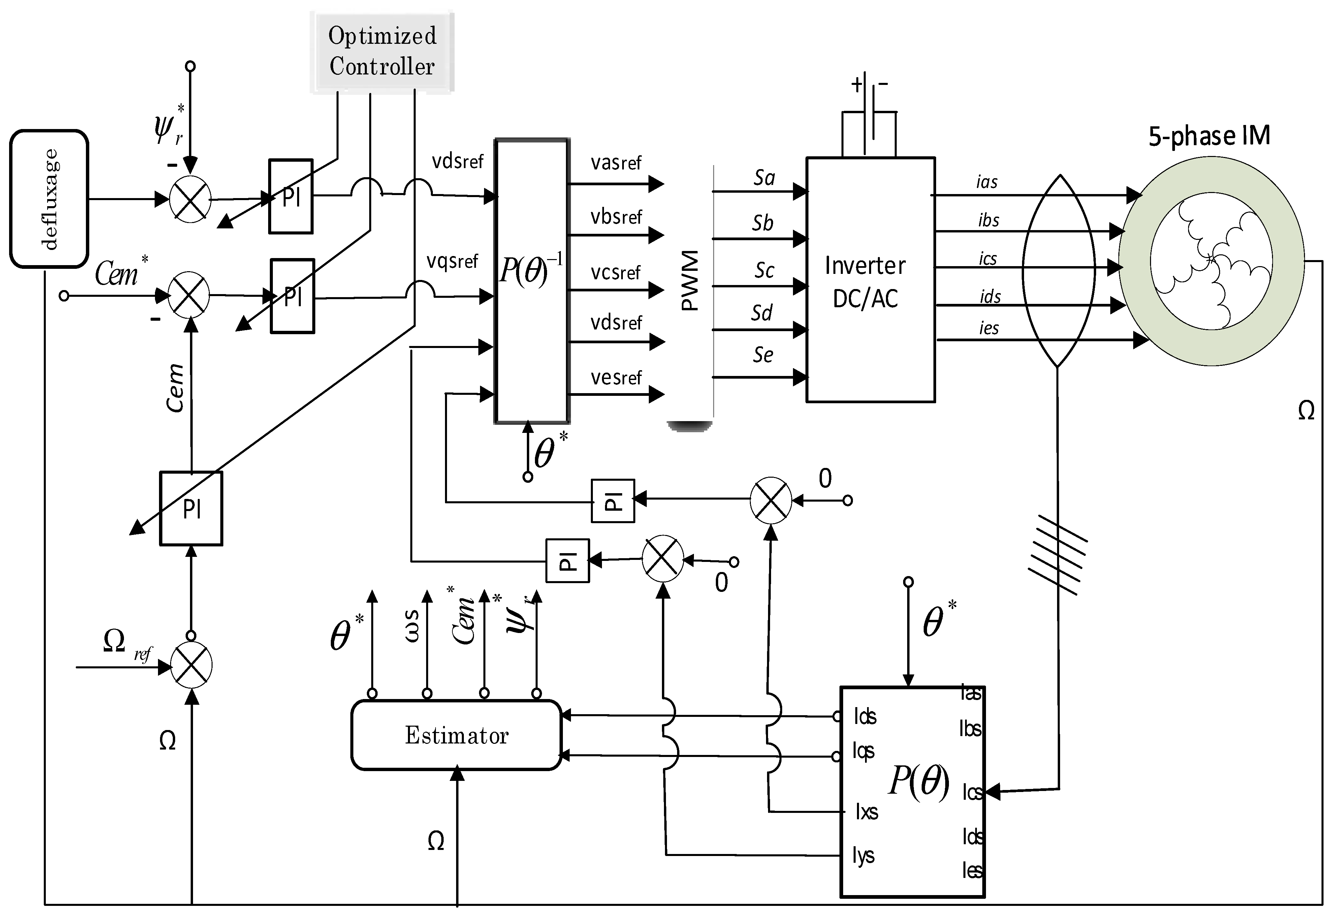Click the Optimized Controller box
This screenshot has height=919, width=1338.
click(382, 51)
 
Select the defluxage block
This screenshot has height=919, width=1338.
click(50, 199)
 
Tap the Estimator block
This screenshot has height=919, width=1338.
click(456, 735)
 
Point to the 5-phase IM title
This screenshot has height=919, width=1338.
click(1209, 136)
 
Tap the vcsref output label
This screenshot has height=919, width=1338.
click(615, 272)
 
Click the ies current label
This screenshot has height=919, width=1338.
click(989, 328)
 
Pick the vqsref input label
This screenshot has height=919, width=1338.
click(452, 261)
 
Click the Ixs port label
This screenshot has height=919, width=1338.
click(866, 812)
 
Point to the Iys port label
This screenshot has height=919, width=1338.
click(864, 856)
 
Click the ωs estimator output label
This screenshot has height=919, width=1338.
click(412, 627)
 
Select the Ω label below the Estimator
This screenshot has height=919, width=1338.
click(436, 841)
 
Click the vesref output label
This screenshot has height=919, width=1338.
click(615, 378)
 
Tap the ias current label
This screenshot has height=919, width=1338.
click(986, 183)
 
